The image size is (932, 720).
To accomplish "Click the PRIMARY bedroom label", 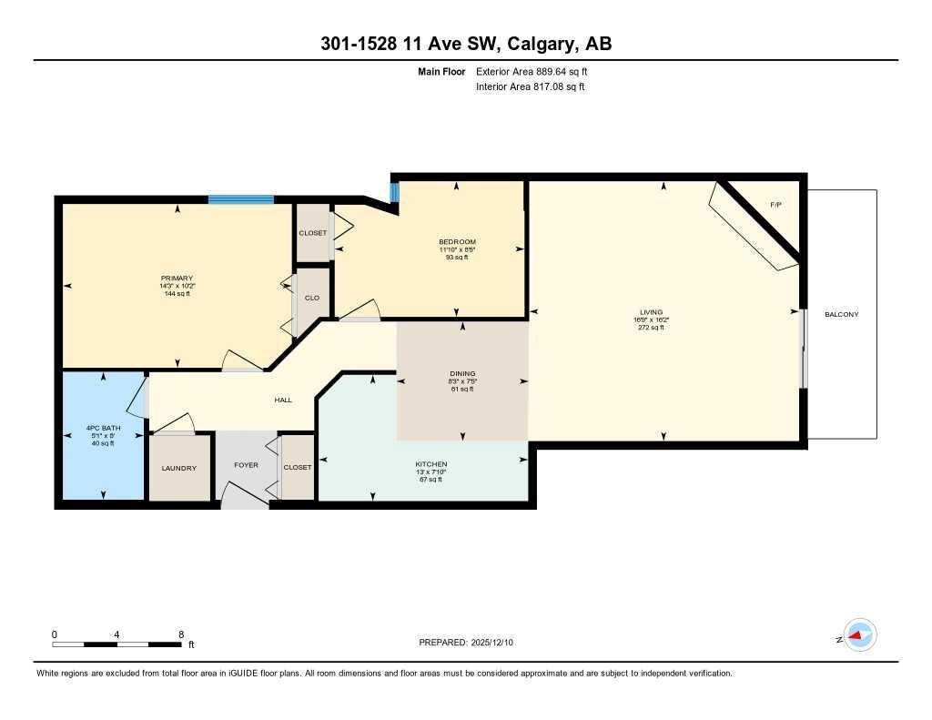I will (177, 279).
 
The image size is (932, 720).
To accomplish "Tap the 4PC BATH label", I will (102, 428).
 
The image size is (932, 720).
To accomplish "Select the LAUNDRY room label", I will (179, 468).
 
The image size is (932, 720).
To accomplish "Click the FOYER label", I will (246, 465).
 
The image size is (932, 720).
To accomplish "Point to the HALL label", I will (283, 400).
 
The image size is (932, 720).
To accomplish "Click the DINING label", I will (462, 373).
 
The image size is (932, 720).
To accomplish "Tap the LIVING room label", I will (650, 312).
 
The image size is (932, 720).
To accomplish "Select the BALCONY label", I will (841, 314).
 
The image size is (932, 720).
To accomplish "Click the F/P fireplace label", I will (775, 205).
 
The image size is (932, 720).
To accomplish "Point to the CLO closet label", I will (312, 297).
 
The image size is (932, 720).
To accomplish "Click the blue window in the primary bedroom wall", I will (240, 199).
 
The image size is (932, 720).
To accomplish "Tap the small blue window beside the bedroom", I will (394, 192).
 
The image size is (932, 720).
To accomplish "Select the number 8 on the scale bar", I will (181, 634).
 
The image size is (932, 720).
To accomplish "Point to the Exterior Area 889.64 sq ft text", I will (538, 71).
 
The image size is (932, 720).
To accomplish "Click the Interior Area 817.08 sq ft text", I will (530, 87).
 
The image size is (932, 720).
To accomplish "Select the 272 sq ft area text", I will (650, 328).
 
